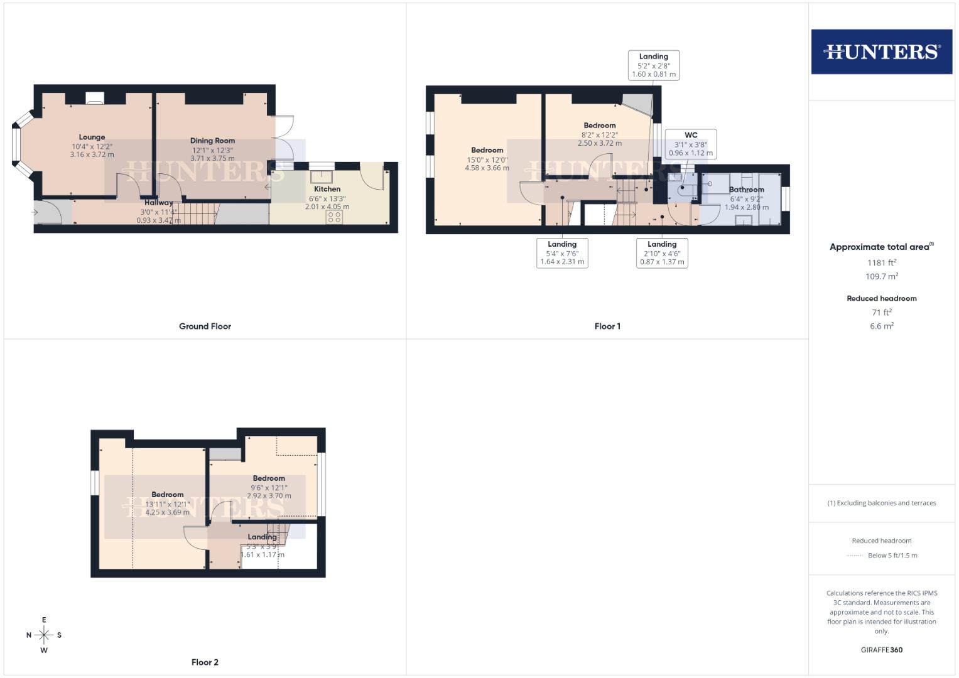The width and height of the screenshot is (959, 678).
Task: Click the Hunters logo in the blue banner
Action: (x=881, y=51)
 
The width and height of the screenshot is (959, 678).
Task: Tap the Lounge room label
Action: (x=92, y=137)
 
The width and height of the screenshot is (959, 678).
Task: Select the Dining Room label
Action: (x=212, y=141)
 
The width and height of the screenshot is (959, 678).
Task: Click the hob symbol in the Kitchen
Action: (x=334, y=217)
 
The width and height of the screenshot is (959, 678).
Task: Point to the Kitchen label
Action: (x=327, y=189)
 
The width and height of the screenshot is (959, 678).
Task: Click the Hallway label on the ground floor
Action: (x=158, y=203)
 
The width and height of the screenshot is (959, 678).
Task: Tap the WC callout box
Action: (x=690, y=144)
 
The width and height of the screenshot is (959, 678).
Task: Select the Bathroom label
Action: (x=746, y=190)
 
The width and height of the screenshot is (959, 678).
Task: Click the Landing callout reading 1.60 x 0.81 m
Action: (x=654, y=65)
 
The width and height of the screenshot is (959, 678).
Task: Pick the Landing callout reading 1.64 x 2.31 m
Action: (x=562, y=253)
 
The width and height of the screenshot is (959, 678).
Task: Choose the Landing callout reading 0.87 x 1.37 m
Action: (x=662, y=253)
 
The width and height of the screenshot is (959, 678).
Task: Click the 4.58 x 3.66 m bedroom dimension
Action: (x=487, y=168)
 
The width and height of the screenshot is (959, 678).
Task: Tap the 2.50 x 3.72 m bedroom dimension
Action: (x=600, y=143)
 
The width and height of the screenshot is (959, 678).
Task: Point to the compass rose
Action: (x=44, y=635)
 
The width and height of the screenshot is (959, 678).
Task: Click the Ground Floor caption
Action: (x=205, y=326)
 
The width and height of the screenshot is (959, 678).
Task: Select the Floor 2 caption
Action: (x=205, y=662)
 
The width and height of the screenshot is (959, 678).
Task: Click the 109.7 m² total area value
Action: (x=881, y=276)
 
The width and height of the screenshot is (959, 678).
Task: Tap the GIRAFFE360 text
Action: (x=881, y=650)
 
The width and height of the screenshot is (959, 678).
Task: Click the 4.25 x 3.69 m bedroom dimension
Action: (x=167, y=512)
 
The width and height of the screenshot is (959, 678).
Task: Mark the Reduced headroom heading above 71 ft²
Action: (x=881, y=298)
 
